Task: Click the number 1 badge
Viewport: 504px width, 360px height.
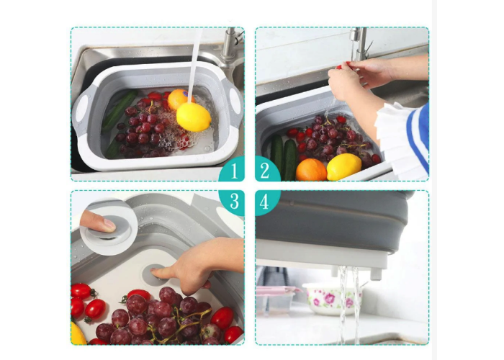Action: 232,170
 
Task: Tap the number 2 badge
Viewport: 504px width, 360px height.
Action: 267,170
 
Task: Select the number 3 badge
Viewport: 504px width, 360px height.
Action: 232,202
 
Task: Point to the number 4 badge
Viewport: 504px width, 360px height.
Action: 267,202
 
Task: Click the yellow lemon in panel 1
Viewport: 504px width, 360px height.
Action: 194,117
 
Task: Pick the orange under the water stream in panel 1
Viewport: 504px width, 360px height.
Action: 180,99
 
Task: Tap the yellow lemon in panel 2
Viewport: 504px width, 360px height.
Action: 343,166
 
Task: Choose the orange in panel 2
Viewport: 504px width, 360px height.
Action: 311,170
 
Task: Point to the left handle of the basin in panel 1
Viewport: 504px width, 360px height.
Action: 81,106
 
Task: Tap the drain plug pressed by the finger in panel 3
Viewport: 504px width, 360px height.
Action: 156,274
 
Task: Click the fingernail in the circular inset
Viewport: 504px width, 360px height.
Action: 109,225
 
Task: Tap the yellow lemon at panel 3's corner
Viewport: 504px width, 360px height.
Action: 78,333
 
